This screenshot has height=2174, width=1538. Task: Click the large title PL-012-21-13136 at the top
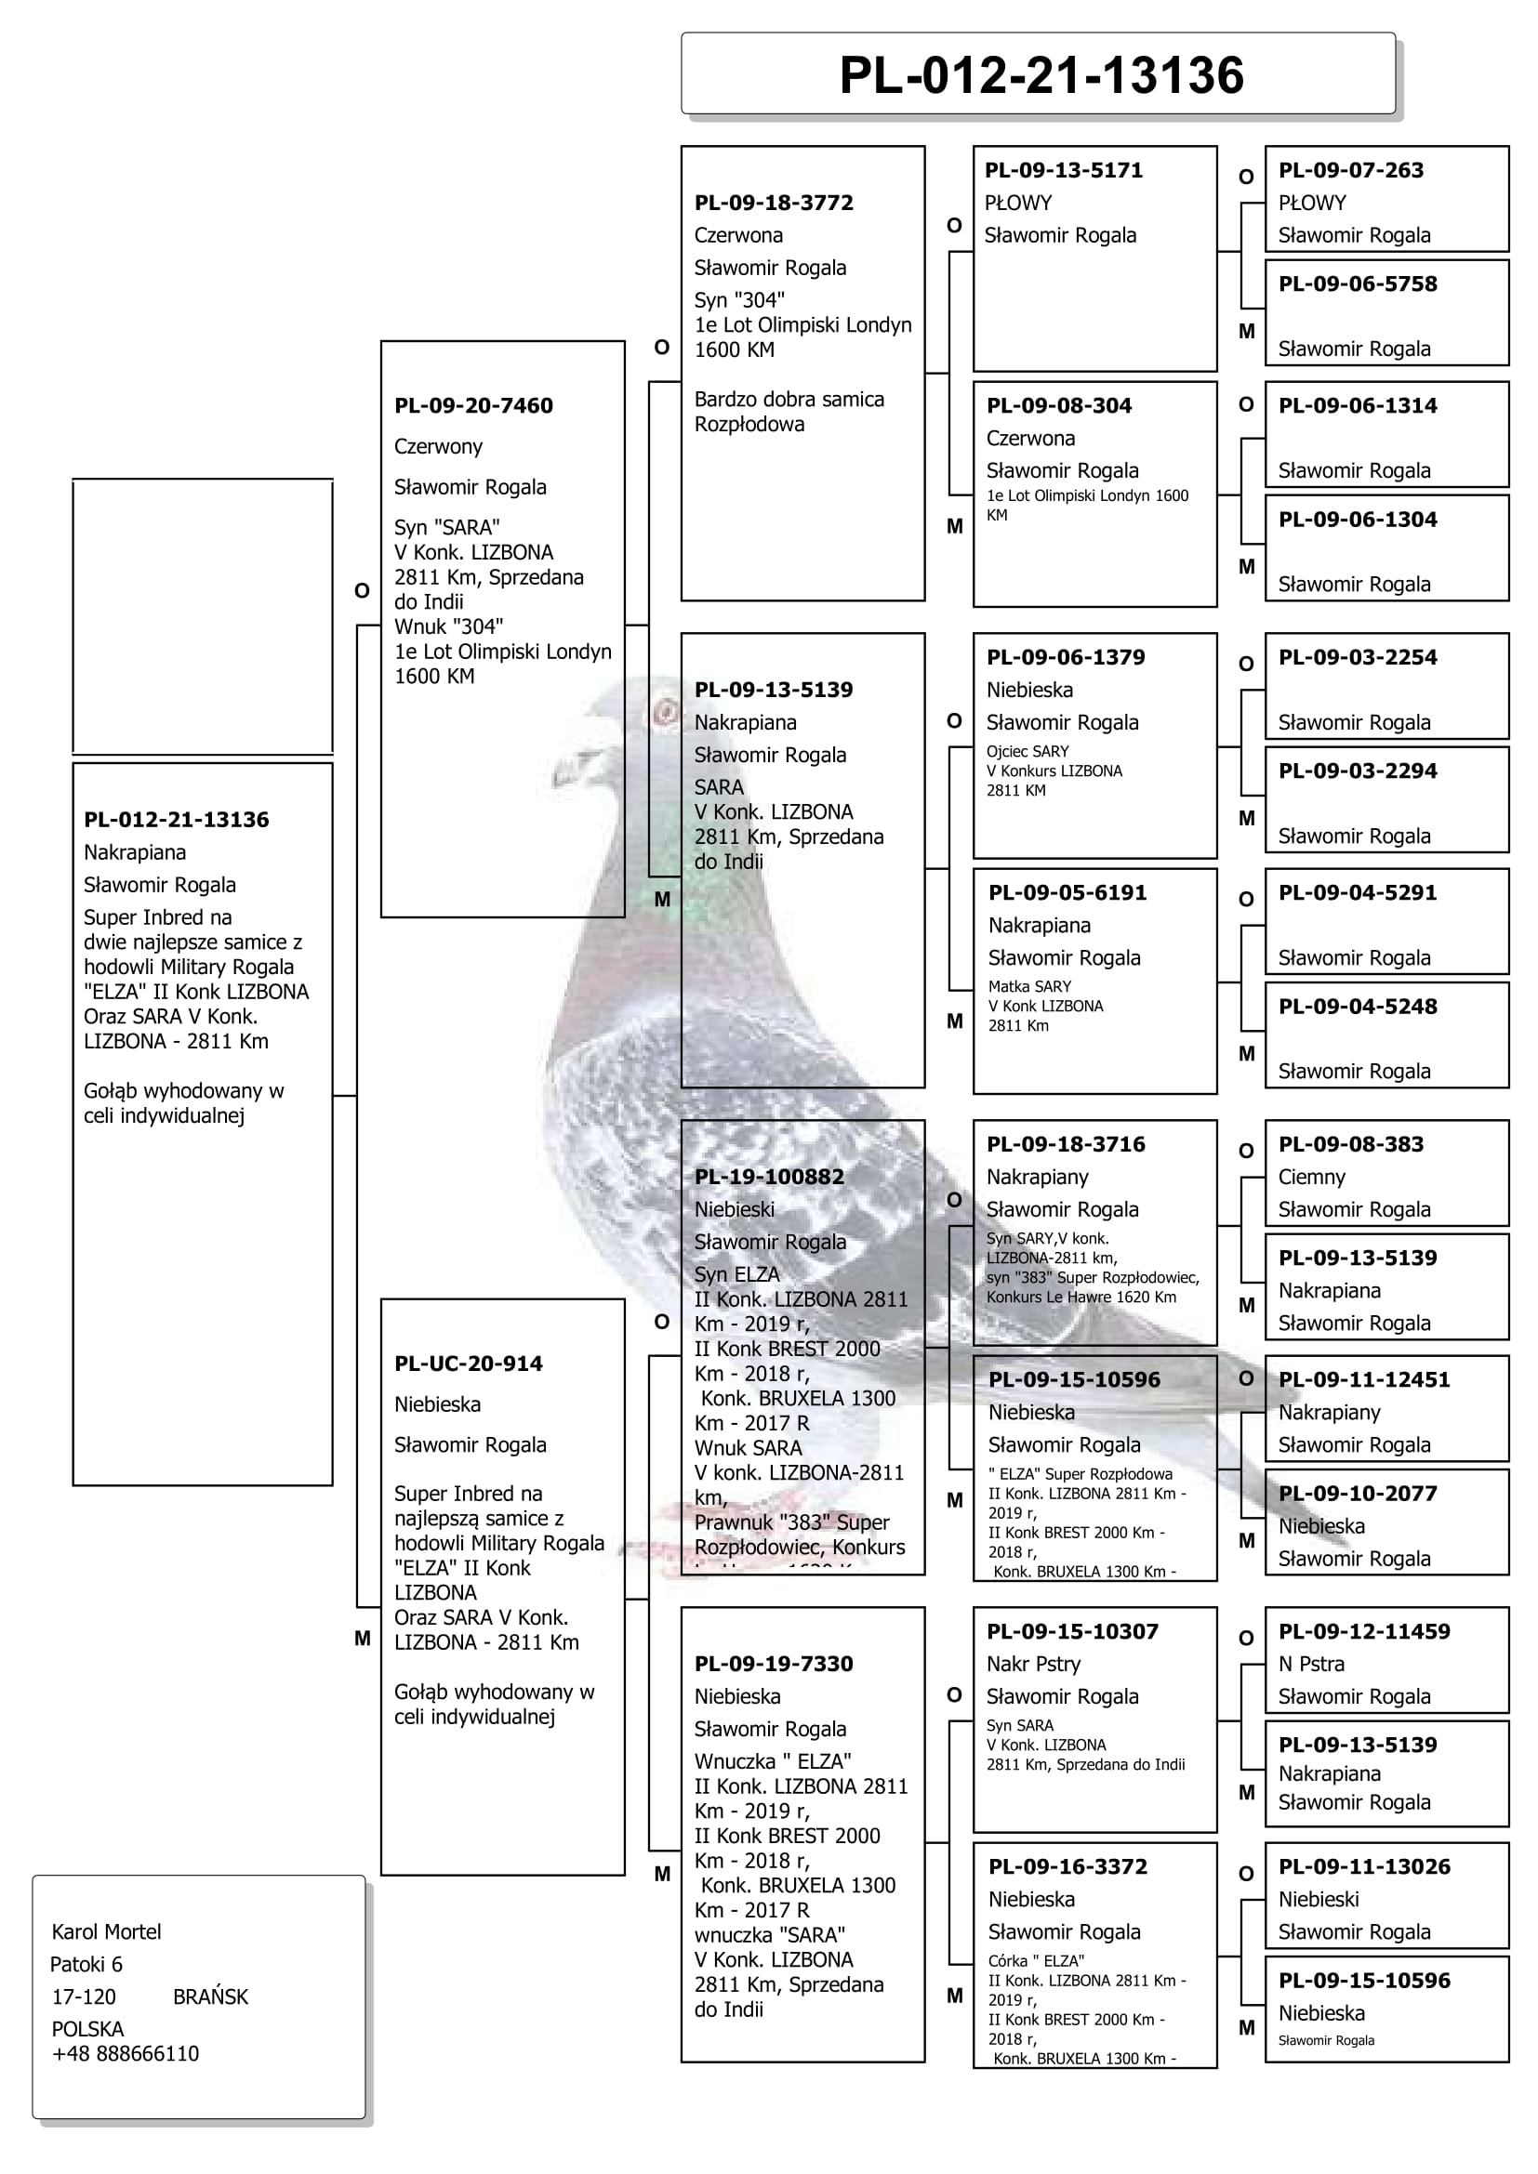(x=1041, y=75)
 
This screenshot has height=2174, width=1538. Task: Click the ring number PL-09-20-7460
(x=473, y=405)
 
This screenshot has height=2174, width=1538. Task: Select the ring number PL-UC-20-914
(x=468, y=1364)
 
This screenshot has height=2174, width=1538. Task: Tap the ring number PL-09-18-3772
(x=774, y=203)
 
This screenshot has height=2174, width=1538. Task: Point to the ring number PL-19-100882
(x=769, y=1176)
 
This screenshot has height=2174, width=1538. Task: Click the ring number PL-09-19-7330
(x=774, y=1664)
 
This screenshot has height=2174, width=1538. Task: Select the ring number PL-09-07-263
(x=1350, y=170)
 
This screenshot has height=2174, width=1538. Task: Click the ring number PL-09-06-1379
(x=1066, y=657)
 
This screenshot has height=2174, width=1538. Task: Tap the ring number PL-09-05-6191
(x=1067, y=892)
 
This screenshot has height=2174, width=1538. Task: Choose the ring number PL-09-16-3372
(x=1067, y=1866)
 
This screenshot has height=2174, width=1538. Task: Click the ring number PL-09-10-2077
(x=1357, y=1494)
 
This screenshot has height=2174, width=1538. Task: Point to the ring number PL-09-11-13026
(x=1364, y=1866)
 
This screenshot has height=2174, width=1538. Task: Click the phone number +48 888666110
(x=125, y=2053)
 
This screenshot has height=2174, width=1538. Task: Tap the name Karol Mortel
(x=106, y=1931)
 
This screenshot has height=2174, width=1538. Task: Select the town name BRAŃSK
(x=210, y=1996)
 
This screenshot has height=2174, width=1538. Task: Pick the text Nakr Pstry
(x=1033, y=1664)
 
